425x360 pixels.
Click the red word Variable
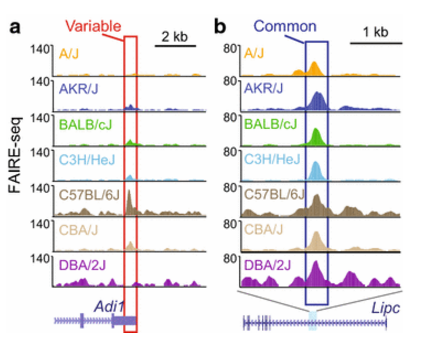pos(93,26)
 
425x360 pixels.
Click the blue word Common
pos(285,26)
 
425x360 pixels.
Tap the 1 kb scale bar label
pos(376,32)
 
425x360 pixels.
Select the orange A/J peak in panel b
pos(314,68)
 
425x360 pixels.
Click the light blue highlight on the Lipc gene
pos(313,319)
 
